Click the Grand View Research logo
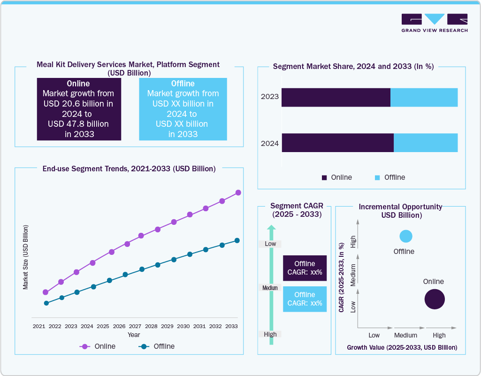(434, 23)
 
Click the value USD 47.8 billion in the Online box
(78, 124)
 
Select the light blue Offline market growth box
(183, 109)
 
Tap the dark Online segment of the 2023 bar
(336, 97)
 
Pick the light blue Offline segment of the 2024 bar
(426, 143)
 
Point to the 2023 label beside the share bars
(270, 97)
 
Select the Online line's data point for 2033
(238, 192)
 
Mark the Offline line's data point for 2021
(46, 303)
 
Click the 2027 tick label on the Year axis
(135, 326)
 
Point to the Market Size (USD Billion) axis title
(26, 257)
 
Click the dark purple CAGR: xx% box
(305, 268)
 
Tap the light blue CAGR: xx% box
(305, 299)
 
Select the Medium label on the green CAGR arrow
(270, 288)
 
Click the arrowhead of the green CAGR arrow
(271, 229)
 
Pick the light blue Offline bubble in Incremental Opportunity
(406, 237)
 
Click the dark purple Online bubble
(434, 299)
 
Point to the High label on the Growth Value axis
(439, 335)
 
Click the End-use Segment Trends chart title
(129, 169)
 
